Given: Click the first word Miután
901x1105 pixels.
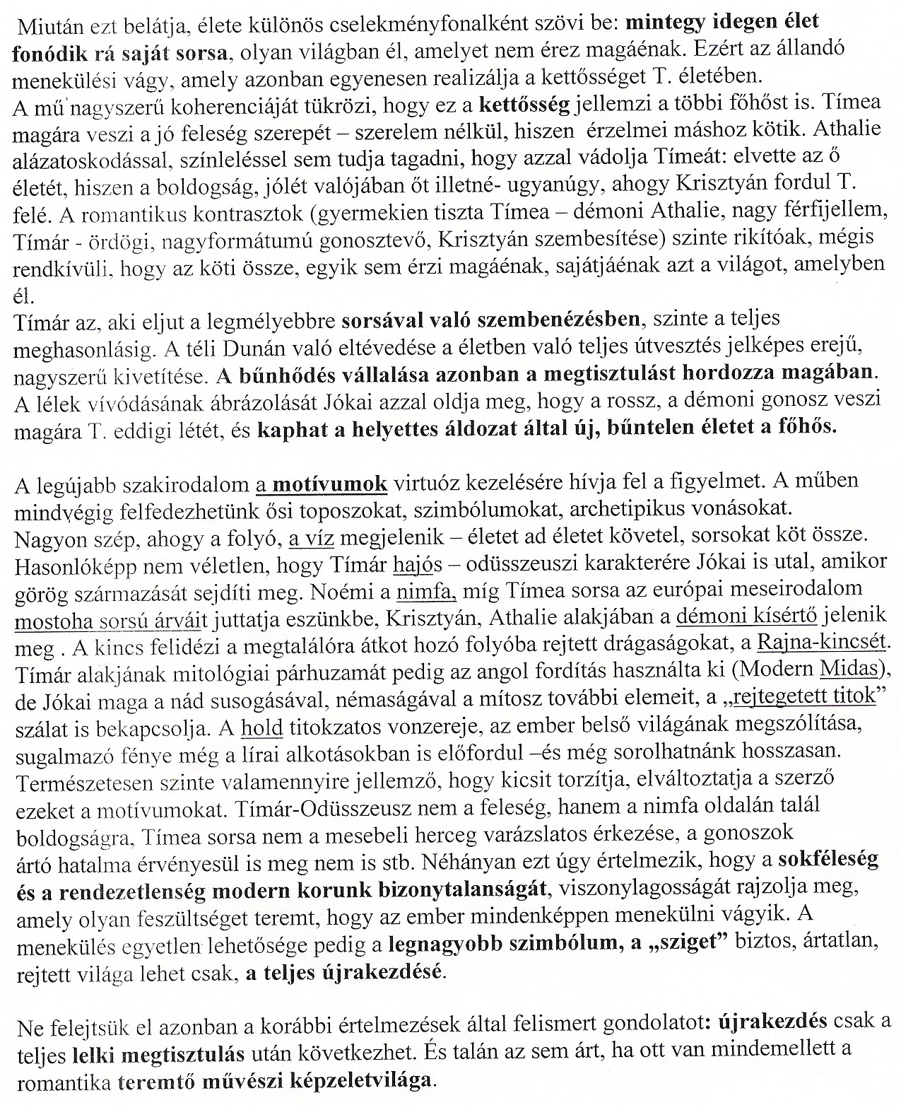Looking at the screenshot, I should [47, 23].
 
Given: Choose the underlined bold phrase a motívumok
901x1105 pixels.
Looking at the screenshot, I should [322, 484].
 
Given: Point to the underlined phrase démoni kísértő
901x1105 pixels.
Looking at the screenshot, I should [746, 617].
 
